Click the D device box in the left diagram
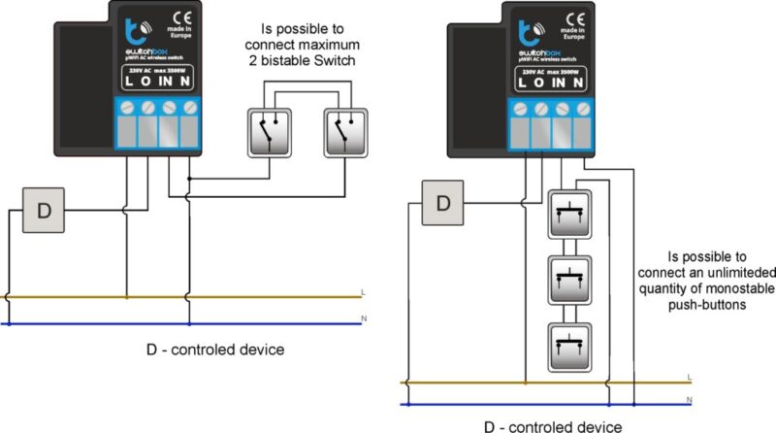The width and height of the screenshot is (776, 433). click(x=44, y=210)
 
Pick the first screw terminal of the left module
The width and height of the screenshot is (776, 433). click(x=128, y=106)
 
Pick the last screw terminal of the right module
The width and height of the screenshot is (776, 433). click(x=582, y=106)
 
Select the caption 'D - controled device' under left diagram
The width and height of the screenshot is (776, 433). click(x=216, y=350)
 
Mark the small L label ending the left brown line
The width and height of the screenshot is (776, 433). click(x=363, y=291)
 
